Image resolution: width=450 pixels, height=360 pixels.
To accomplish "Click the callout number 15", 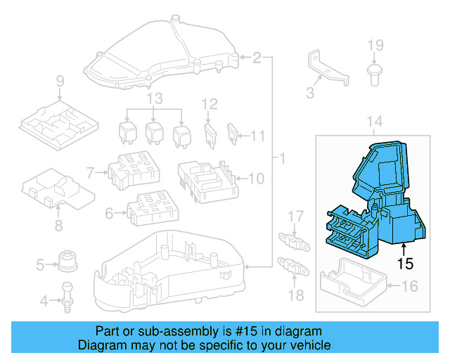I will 404,265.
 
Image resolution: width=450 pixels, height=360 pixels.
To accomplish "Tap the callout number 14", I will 375,122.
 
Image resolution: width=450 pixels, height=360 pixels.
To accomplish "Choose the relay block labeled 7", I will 133,171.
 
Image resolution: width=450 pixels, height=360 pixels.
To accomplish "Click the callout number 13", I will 155,97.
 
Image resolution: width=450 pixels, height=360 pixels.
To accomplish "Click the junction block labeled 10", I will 206,180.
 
